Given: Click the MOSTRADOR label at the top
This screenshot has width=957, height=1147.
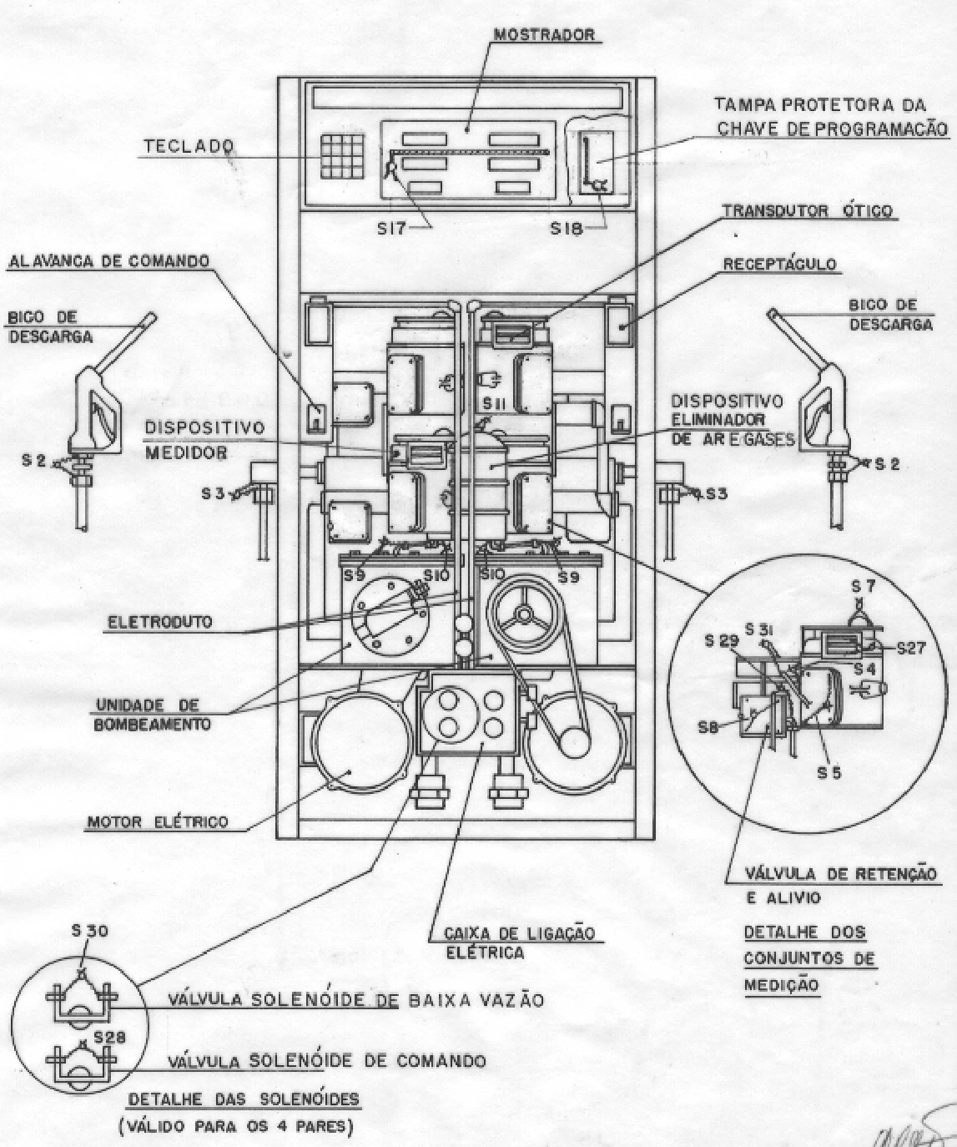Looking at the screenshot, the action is [544, 35].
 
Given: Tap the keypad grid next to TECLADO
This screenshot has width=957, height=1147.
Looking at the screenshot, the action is [341, 156].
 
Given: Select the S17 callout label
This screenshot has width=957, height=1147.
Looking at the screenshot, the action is [391, 228].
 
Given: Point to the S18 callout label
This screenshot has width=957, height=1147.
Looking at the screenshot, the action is [567, 229].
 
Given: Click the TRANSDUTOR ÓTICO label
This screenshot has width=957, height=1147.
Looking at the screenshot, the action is [808, 211].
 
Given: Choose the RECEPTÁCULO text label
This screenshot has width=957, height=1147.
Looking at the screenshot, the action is [779, 265].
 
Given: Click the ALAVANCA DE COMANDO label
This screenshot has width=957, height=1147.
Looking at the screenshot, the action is [108, 261].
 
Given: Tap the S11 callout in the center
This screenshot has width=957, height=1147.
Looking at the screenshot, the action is [497, 405].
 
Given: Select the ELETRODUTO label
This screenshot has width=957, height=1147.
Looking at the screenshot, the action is [159, 623].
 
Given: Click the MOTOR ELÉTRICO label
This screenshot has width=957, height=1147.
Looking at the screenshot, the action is [158, 822].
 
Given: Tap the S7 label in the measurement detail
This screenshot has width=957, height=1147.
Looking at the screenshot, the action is [863, 587].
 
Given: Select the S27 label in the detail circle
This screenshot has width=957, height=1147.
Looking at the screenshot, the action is [912, 649].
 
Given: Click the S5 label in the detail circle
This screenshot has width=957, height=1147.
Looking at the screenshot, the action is [829, 773].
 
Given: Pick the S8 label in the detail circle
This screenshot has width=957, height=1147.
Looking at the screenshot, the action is [708, 728].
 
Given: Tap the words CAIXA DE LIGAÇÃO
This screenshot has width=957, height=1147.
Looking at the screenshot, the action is [520, 933].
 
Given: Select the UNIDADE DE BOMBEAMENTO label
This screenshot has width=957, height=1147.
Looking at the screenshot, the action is [152, 714].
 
